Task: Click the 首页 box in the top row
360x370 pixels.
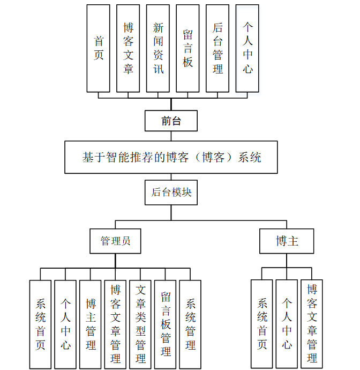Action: point(99,48)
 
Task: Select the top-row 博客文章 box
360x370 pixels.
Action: point(128,48)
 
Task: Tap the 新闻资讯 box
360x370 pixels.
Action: point(158,48)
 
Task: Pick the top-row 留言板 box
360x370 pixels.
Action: point(187,48)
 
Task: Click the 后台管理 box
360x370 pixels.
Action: point(217,48)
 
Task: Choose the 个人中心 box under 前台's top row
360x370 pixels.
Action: point(247,48)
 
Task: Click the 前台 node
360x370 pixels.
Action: point(171,121)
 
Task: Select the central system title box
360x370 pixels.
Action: point(171,157)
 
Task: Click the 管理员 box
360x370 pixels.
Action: point(115,241)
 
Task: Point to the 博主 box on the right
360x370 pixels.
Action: point(287,241)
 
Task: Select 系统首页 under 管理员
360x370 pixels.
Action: point(41,324)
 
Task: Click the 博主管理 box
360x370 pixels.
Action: point(91,324)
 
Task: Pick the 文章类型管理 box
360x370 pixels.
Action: point(140,324)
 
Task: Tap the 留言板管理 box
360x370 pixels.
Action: point(166,324)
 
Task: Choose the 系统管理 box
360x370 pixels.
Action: point(190,324)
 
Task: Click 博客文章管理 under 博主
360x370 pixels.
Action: point(312,324)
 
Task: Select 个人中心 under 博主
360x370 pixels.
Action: point(287,324)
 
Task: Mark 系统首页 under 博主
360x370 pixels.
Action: point(262,324)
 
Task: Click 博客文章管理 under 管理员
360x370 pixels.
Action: point(115,324)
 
